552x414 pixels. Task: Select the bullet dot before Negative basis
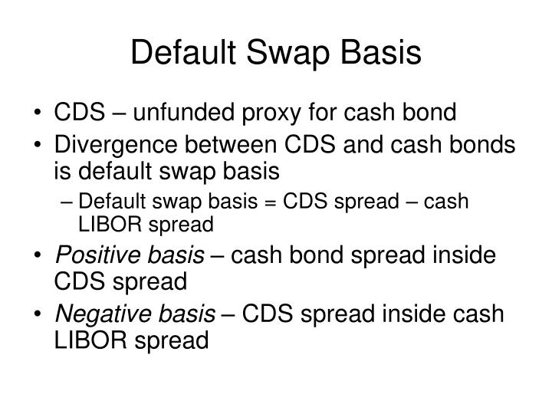pos(38,314)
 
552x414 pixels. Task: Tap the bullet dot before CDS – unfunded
pos(38,114)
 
